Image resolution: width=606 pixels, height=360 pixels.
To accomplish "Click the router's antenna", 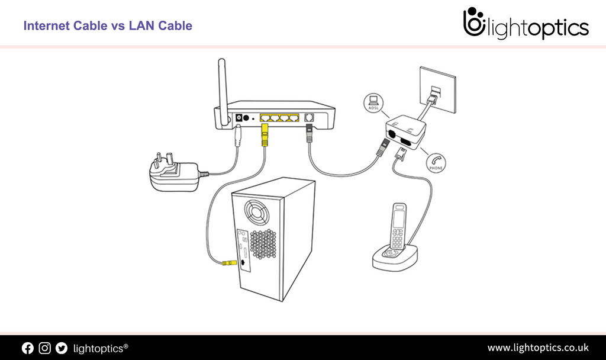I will pos(223,89).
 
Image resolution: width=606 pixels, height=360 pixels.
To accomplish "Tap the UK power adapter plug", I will pos(174,175).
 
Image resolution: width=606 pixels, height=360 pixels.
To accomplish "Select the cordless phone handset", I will pos(398,229).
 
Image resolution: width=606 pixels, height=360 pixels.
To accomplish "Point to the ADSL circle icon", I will pos(373,102).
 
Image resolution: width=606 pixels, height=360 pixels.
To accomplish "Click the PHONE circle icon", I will pos(437,163).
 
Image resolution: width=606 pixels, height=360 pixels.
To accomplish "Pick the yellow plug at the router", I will pos(265,134).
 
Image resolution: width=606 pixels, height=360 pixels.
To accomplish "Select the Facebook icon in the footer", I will pos(27,348).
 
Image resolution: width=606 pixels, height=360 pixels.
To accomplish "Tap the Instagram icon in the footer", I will pos(44,348).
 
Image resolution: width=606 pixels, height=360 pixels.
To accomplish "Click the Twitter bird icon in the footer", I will pos(62,348).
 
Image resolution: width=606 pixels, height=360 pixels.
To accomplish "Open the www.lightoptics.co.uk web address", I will pos(537,348).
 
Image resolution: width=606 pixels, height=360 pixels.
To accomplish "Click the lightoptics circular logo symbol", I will pos(474,23).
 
